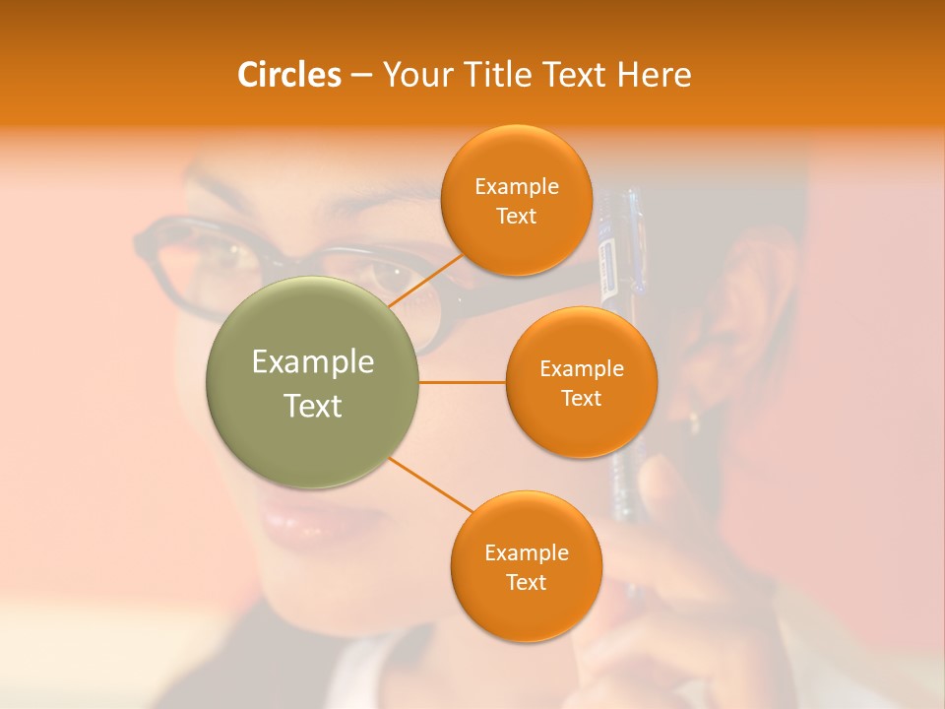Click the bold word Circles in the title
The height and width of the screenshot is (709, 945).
(x=289, y=75)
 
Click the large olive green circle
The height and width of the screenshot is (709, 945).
(x=313, y=382)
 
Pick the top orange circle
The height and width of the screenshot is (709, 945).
(x=516, y=200)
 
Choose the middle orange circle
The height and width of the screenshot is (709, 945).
(x=581, y=382)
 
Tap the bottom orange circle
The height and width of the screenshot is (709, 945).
(x=526, y=566)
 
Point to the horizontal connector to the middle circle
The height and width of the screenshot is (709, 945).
(x=463, y=382)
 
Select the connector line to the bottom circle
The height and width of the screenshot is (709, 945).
(x=431, y=484)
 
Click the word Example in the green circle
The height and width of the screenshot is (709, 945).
(x=313, y=362)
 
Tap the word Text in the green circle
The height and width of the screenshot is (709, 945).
(x=313, y=406)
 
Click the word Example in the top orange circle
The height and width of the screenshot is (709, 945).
(x=516, y=186)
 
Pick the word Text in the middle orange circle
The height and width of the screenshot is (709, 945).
(x=581, y=398)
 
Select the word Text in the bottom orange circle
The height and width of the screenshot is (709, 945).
(x=526, y=582)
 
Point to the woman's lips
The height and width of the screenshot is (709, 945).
(x=300, y=527)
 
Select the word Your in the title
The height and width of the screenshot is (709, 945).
(x=410, y=75)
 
